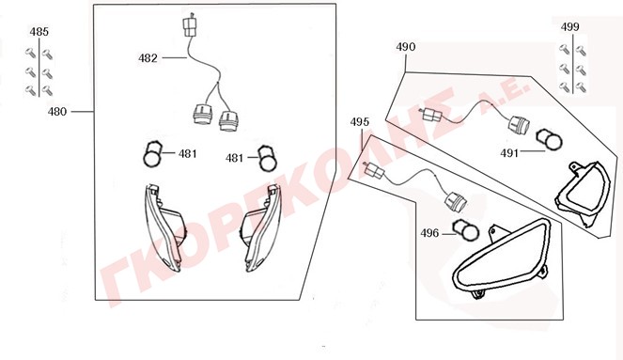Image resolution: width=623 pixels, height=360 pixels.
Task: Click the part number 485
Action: click(x=39, y=31)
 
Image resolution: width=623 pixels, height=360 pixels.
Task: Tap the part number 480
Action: click(x=57, y=112)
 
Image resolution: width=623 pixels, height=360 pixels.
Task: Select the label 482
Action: click(x=148, y=58)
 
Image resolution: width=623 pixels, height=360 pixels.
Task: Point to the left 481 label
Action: click(x=188, y=154)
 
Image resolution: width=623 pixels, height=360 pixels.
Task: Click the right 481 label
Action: click(x=234, y=158)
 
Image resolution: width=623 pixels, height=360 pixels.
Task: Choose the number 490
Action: click(x=406, y=47)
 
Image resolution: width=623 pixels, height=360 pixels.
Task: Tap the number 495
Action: click(x=360, y=122)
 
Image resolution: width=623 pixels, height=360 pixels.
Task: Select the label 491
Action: click(x=509, y=153)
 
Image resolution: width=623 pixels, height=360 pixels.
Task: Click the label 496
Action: click(x=429, y=233)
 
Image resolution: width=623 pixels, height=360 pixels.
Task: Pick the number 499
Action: click(x=570, y=27)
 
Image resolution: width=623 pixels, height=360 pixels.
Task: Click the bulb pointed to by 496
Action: click(x=466, y=230)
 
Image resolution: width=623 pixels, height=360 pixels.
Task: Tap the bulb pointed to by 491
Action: click(x=550, y=140)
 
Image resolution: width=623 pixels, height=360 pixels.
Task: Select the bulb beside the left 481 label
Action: click(x=152, y=154)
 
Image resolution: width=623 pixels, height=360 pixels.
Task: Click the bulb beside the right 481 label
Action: click(x=267, y=158)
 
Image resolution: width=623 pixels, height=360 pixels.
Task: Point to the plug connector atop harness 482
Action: click(x=190, y=26)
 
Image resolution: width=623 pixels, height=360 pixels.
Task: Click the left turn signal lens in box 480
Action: click(x=164, y=227)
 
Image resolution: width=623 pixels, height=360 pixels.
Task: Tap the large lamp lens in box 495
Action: click(x=502, y=258)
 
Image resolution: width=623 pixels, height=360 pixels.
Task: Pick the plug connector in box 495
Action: click(x=374, y=171)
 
